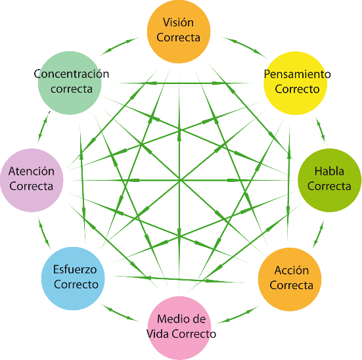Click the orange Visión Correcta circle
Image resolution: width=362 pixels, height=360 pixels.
click(x=179, y=32)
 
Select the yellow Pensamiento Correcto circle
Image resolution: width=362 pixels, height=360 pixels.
click(x=295, y=83)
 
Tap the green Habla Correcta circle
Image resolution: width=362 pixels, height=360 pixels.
click(x=330, y=180)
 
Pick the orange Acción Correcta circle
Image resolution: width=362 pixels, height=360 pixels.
click(x=290, y=279)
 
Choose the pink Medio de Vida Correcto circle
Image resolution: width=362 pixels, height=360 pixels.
click(x=179, y=328)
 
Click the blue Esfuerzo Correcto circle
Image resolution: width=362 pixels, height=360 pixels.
click(x=73, y=279)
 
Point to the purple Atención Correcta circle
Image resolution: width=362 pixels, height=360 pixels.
click(x=32, y=180)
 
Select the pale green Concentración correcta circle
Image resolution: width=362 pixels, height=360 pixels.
click(x=70, y=83)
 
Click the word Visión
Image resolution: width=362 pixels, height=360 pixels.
click(x=178, y=22)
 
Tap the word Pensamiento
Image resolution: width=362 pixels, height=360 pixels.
click(x=298, y=74)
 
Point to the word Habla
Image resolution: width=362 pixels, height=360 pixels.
click(x=329, y=171)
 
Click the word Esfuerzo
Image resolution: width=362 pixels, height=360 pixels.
click(x=75, y=269)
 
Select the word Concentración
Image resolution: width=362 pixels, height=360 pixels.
click(x=72, y=74)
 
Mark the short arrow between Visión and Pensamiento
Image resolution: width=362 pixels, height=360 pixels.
click(x=244, y=47)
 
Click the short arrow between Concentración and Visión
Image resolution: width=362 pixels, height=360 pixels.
click(x=119, y=47)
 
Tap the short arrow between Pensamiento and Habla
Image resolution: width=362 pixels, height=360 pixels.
click(x=321, y=129)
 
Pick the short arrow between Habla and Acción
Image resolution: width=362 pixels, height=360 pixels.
click(x=318, y=234)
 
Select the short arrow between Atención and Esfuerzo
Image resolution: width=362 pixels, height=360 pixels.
click(x=44, y=233)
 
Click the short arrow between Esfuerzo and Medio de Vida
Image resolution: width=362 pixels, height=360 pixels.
click(x=120, y=313)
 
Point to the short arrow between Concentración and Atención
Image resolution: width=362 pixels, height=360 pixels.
click(x=44, y=127)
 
